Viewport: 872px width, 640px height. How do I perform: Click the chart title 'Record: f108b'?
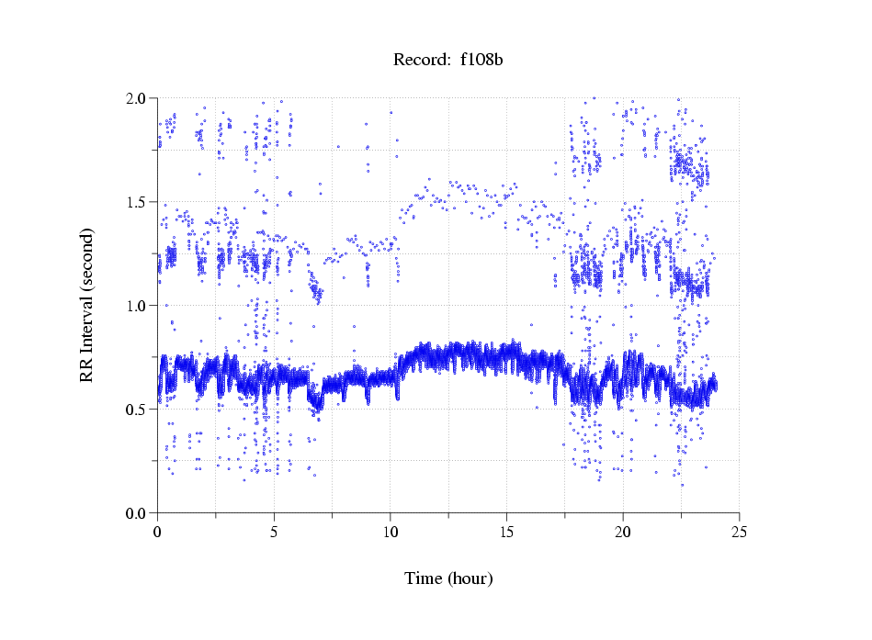[448, 61]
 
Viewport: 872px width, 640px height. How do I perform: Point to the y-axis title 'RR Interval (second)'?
[87, 305]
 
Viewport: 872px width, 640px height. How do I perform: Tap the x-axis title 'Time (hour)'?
[448, 578]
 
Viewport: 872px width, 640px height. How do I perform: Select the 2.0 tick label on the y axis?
[138, 98]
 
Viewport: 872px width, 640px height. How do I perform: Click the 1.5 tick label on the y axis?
[138, 202]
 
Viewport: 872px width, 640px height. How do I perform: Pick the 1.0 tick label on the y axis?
[138, 306]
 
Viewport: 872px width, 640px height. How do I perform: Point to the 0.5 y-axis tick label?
[138, 410]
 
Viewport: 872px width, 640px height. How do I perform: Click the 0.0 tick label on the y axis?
[138, 513]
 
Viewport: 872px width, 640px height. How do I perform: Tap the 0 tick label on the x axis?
[157, 532]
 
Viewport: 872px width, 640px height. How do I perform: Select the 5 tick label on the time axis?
[274, 532]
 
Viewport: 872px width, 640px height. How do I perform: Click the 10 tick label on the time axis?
[390, 532]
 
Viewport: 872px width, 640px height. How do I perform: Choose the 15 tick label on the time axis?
[506, 532]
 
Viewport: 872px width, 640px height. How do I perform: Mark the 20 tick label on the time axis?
[623, 532]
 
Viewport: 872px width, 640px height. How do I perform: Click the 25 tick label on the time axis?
[739, 532]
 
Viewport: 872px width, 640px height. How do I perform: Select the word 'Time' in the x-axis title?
[424, 578]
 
